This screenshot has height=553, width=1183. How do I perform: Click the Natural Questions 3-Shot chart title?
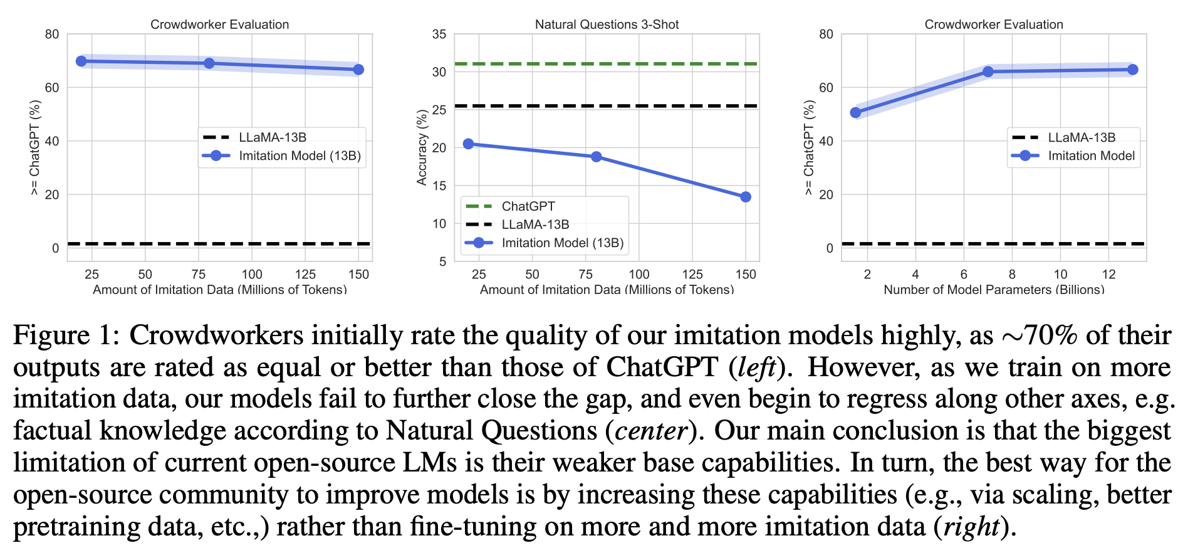pos(607,24)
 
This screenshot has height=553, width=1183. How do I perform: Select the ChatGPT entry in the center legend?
pos(528,206)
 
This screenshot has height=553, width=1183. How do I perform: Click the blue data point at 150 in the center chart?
pos(745,197)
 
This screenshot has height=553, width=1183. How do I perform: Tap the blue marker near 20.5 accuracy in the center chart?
pos(468,144)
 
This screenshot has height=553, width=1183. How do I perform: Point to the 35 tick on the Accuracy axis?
pos(439,34)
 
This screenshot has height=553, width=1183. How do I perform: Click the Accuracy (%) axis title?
pos(422,147)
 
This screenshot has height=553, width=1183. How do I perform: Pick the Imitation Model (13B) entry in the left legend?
pos(300,155)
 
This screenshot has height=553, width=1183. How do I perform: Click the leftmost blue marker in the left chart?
pos(81,61)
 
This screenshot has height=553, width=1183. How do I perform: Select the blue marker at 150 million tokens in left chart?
pos(358,70)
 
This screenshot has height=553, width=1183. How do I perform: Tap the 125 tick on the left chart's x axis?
pos(305,274)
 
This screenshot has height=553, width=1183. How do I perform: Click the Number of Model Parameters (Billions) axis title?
pos(994,290)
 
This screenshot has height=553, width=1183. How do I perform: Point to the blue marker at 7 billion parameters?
pos(988,72)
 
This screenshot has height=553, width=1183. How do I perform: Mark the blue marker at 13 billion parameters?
pos(1132,70)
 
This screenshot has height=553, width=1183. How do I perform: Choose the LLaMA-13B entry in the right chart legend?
pos(1081,137)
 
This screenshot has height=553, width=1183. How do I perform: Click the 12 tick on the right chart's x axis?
pos(1108,274)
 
